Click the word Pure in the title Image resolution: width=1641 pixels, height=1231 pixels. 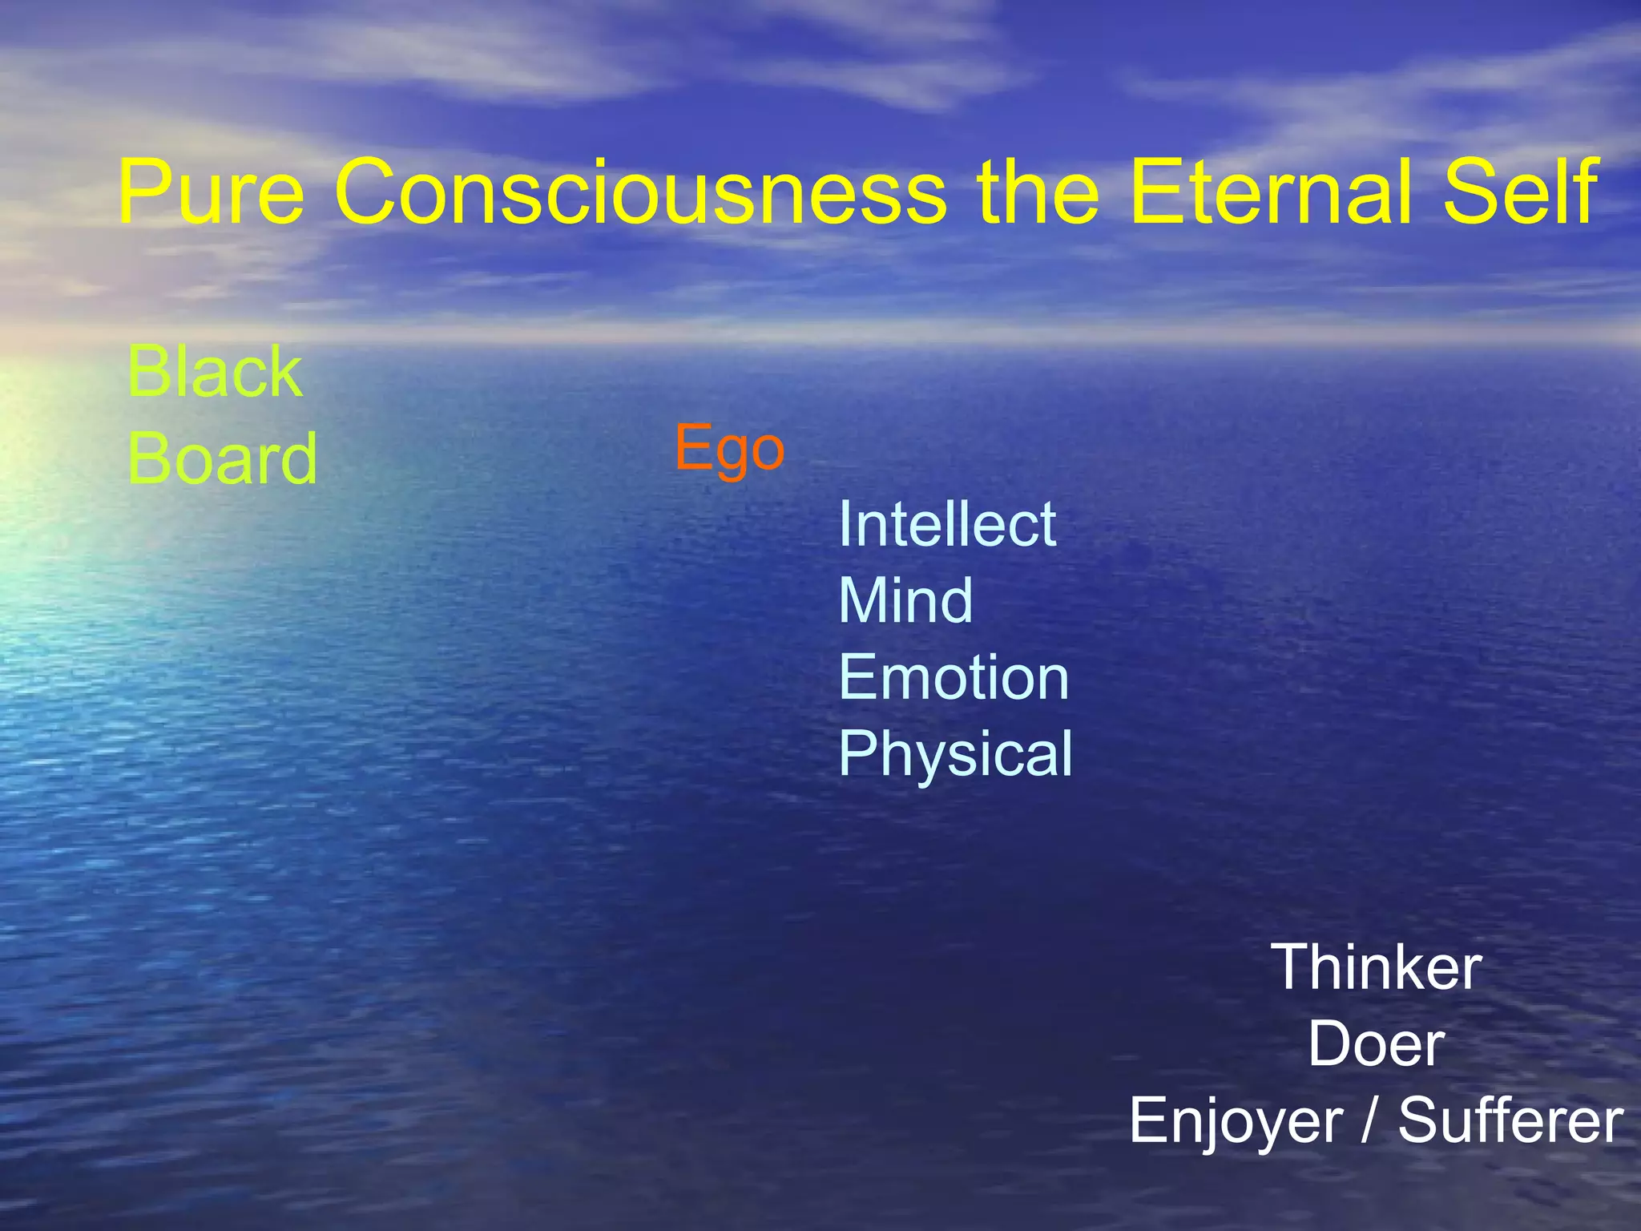coord(211,192)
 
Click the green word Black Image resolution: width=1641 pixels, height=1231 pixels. coord(215,372)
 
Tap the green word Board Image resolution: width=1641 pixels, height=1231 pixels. coord(223,458)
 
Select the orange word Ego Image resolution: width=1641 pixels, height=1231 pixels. coord(729,449)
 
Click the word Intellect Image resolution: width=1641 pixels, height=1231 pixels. coord(947,525)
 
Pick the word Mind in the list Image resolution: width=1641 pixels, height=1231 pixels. coord(905,601)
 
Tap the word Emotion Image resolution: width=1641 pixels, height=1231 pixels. coord(954,678)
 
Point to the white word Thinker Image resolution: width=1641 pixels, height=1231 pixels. coord(1376,968)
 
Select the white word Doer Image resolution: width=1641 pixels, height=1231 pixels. coord(1376,1045)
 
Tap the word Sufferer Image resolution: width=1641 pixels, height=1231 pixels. coord(1510,1120)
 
